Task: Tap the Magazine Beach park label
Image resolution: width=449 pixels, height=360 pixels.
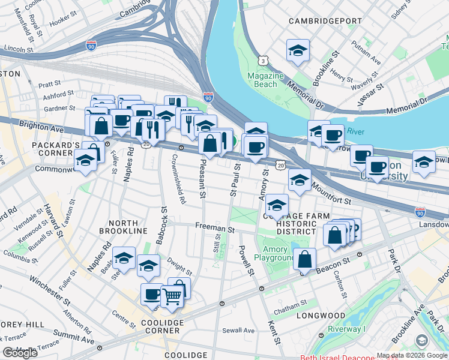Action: point(265,80)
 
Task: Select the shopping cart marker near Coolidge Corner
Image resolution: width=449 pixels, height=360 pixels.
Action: point(172,295)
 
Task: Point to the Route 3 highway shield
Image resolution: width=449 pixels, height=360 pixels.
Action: point(263,61)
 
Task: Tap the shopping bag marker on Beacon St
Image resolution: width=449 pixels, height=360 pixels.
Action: point(305,260)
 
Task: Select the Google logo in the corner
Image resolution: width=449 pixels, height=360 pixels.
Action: point(20,353)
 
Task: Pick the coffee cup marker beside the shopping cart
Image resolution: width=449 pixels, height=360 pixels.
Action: point(152,295)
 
